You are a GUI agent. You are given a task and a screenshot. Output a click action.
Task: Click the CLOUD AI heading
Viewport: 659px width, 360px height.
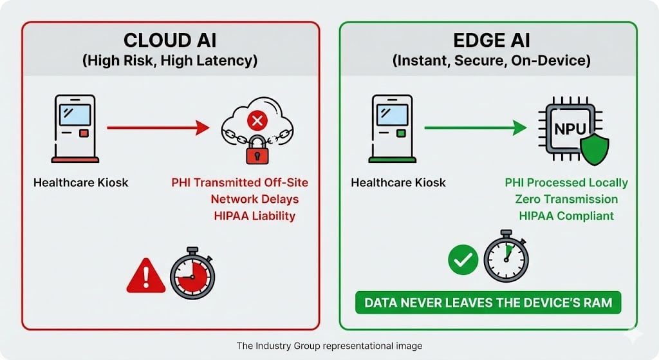pyautogui.click(x=171, y=41)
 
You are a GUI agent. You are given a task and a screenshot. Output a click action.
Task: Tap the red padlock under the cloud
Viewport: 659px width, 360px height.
pyautogui.click(x=255, y=149)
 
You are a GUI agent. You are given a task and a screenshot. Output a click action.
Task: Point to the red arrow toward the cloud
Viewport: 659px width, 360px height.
pyautogui.click(x=158, y=128)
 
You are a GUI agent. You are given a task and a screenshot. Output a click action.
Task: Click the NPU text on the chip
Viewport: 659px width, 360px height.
pyautogui.click(x=570, y=128)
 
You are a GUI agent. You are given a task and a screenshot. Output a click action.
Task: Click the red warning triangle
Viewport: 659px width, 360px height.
pyautogui.click(x=146, y=277)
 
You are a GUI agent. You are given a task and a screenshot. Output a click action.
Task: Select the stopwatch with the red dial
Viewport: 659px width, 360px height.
pyautogui.click(x=192, y=274)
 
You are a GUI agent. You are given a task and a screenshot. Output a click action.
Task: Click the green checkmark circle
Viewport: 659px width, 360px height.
pyautogui.click(x=463, y=260)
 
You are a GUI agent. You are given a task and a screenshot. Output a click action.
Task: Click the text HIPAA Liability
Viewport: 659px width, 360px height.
pyautogui.click(x=254, y=216)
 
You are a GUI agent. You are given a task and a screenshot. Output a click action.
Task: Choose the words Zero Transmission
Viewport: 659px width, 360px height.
pyautogui.click(x=567, y=199)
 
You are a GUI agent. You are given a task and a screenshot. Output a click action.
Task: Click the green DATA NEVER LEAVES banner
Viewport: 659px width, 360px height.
pyautogui.click(x=488, y=303)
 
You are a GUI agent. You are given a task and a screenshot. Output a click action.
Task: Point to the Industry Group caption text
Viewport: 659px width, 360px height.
pyautogui.click(x=329, y=346)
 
